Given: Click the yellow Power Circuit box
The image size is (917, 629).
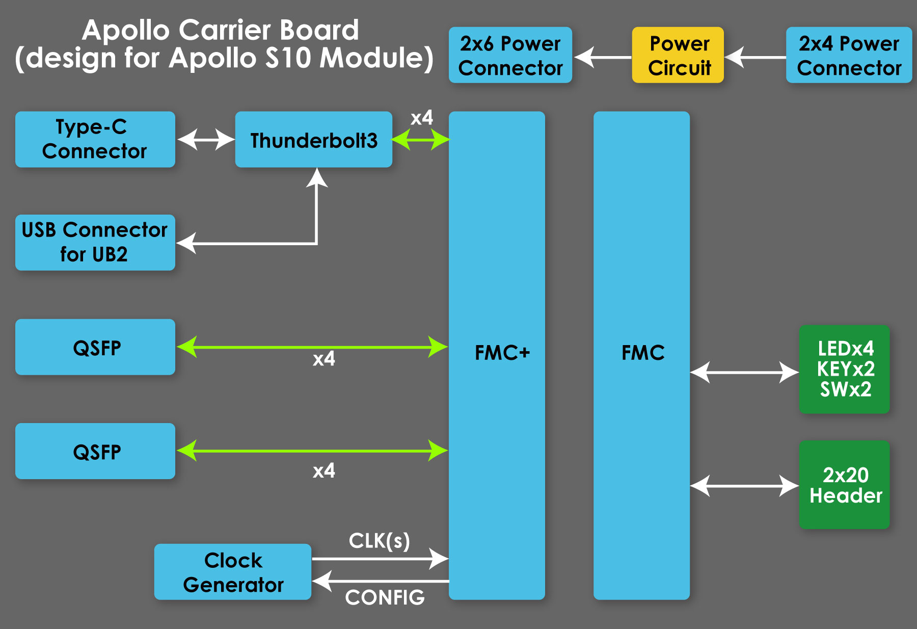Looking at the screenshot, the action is pos(678,55).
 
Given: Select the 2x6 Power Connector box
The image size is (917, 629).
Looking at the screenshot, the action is pos(510,55).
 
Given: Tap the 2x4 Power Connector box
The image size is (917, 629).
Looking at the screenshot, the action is pos(849,55).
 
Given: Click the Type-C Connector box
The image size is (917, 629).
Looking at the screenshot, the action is pos(95,139).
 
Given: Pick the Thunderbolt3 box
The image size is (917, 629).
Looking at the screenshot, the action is pos(314,139).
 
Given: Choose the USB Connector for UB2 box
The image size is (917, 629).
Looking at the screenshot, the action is pos(95,243).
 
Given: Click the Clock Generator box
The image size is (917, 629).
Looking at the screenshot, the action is pos(233,572).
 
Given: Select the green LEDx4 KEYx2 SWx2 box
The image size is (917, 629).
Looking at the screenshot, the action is pos(845,369).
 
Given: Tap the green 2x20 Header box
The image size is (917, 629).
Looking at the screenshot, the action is pos(845,485).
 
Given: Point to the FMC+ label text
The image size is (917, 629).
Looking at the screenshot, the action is pos(502,353).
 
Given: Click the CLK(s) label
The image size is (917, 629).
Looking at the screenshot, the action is pos(380,541).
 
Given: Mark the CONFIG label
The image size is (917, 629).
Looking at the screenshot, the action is pos(385,597).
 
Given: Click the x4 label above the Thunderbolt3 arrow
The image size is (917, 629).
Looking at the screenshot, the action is pos(422,118).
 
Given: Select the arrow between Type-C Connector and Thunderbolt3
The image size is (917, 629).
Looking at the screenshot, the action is pos(206,139).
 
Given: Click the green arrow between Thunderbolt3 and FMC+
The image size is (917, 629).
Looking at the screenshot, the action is pos(421,139).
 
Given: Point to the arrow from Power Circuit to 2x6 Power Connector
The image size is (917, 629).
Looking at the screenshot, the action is pos(603,57).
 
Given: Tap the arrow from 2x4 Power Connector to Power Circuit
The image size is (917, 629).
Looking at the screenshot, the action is pos(756,57).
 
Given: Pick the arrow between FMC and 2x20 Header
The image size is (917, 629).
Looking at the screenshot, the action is pos(744,486).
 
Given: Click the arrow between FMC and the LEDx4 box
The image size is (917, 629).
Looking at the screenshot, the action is pos(744,372).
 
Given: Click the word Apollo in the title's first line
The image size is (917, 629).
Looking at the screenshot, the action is pos(126,30).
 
